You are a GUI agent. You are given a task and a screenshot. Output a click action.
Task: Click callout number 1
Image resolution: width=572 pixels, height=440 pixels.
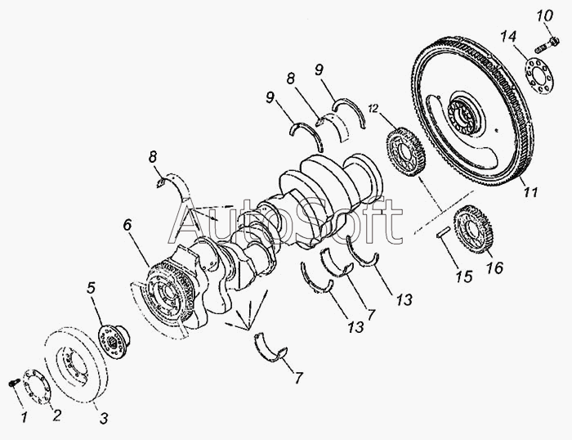click(x=25, y=417)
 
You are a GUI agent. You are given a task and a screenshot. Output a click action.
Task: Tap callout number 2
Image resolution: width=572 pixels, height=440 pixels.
click(x=56, y=415)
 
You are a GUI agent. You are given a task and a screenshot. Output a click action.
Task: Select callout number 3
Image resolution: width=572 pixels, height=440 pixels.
click(x=104, y=418)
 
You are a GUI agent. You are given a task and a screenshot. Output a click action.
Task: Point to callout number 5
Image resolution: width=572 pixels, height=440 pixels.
click(x=91, y=288)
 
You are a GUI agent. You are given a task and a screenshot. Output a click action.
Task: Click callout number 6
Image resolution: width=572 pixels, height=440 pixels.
click(x=127, y=225)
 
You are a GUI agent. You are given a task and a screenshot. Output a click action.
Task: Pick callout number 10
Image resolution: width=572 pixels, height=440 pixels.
click(x=545, y=16)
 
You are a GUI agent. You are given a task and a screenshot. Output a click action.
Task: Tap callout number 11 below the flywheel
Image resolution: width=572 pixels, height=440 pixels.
click(x=531, y=191)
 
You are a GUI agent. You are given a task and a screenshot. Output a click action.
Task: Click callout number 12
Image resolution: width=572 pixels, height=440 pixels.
click(x=373, y=108)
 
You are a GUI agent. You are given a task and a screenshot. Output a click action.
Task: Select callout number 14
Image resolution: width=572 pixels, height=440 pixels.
click(x=508, y=37)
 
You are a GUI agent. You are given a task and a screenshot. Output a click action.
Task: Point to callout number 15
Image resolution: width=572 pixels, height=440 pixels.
click(x=464, y=276)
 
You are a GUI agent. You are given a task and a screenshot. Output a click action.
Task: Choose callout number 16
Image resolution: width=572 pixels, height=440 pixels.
click(x=495, y=267)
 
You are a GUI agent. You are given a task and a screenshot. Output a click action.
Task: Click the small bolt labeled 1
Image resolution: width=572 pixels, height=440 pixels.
click(x=14, y=382)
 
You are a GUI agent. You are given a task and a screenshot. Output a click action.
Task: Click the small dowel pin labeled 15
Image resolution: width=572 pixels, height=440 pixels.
click(x=444, y=233)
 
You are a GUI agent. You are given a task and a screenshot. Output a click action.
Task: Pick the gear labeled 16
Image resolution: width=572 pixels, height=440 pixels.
click(x=473, y=229)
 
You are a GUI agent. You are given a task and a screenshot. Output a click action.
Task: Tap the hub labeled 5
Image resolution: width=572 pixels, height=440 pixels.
click(x=113, y=341)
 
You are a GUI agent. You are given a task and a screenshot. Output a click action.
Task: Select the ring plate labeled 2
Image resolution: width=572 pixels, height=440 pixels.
click(x=38, y=388)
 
